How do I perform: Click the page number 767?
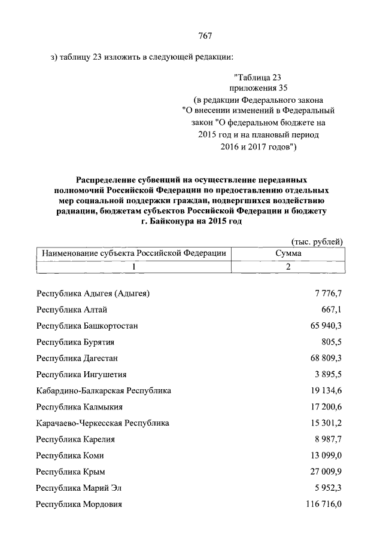(x=205, y=35)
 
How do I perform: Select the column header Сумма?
(x=288, y=253)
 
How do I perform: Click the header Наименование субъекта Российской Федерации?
(x=134, y=253)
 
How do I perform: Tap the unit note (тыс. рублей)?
(x=316, y=241)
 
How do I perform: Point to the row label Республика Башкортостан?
(x=87, y=326)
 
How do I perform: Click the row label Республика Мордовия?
(x=79, y=505)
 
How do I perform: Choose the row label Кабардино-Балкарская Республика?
(x=104, y=390)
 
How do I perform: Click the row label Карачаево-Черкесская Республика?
(x=102, y=423)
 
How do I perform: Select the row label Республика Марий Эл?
(x=78, y=488)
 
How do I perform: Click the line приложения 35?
(x=258, y=88)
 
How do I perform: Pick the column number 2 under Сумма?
(x=288, y=267)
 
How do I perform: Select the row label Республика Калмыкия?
(x=80, y=407)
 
